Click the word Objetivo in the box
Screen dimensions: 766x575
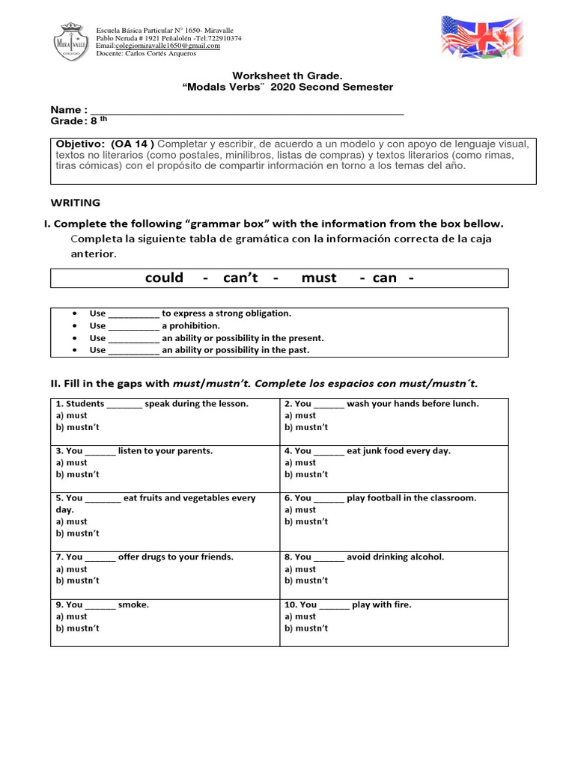(79, 144)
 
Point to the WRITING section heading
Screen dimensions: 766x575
(75, 203)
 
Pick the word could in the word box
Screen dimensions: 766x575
(164, 278)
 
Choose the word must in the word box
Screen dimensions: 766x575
(319, 278)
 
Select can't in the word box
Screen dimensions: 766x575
(240, 278)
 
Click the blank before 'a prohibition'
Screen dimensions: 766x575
(134, 326)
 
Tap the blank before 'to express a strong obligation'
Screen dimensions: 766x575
(134, 314)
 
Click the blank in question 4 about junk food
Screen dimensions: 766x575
(329, 451)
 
